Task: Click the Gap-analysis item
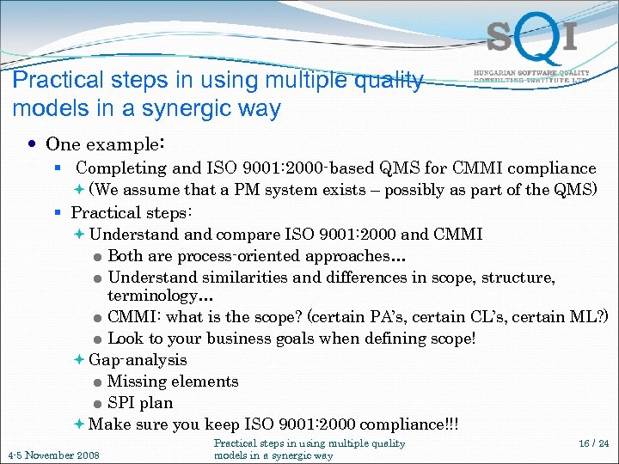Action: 138,360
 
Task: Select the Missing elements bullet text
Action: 173,382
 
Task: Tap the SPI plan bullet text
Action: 140,403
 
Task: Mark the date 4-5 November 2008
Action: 53,455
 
